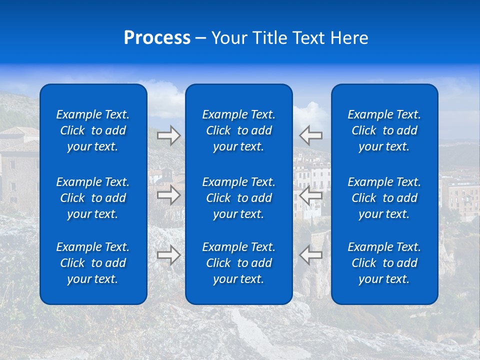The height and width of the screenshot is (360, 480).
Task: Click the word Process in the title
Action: (x=157, y=38)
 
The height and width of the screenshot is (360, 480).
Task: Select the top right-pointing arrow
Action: (x=169, y=135)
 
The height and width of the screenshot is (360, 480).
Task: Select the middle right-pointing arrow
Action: (x=169, y=195)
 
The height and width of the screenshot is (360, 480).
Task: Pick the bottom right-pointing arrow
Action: (x=169, y=255)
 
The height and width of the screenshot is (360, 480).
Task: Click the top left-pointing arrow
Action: (x=311, y=135)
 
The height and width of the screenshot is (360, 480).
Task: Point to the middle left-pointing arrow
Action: (x=311, y=195)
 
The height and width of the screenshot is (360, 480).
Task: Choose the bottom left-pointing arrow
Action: (x=311, y=255)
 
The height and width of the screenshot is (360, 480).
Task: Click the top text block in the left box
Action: (x=93, y=130)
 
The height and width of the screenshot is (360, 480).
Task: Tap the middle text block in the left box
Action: (x=93, y=198)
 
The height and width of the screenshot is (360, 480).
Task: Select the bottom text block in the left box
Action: (x=93, y=263)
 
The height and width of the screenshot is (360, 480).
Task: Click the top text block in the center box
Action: (x=238, y=130)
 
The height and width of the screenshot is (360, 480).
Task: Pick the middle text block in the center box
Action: (x=238, y=198)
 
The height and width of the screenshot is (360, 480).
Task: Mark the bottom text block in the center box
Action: (x=238, y=263)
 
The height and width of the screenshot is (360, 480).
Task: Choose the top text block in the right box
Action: (x=384, y=130)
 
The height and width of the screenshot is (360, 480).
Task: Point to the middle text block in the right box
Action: (x=384, y=198)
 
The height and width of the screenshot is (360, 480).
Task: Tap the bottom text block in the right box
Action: (x=384, y=263)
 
